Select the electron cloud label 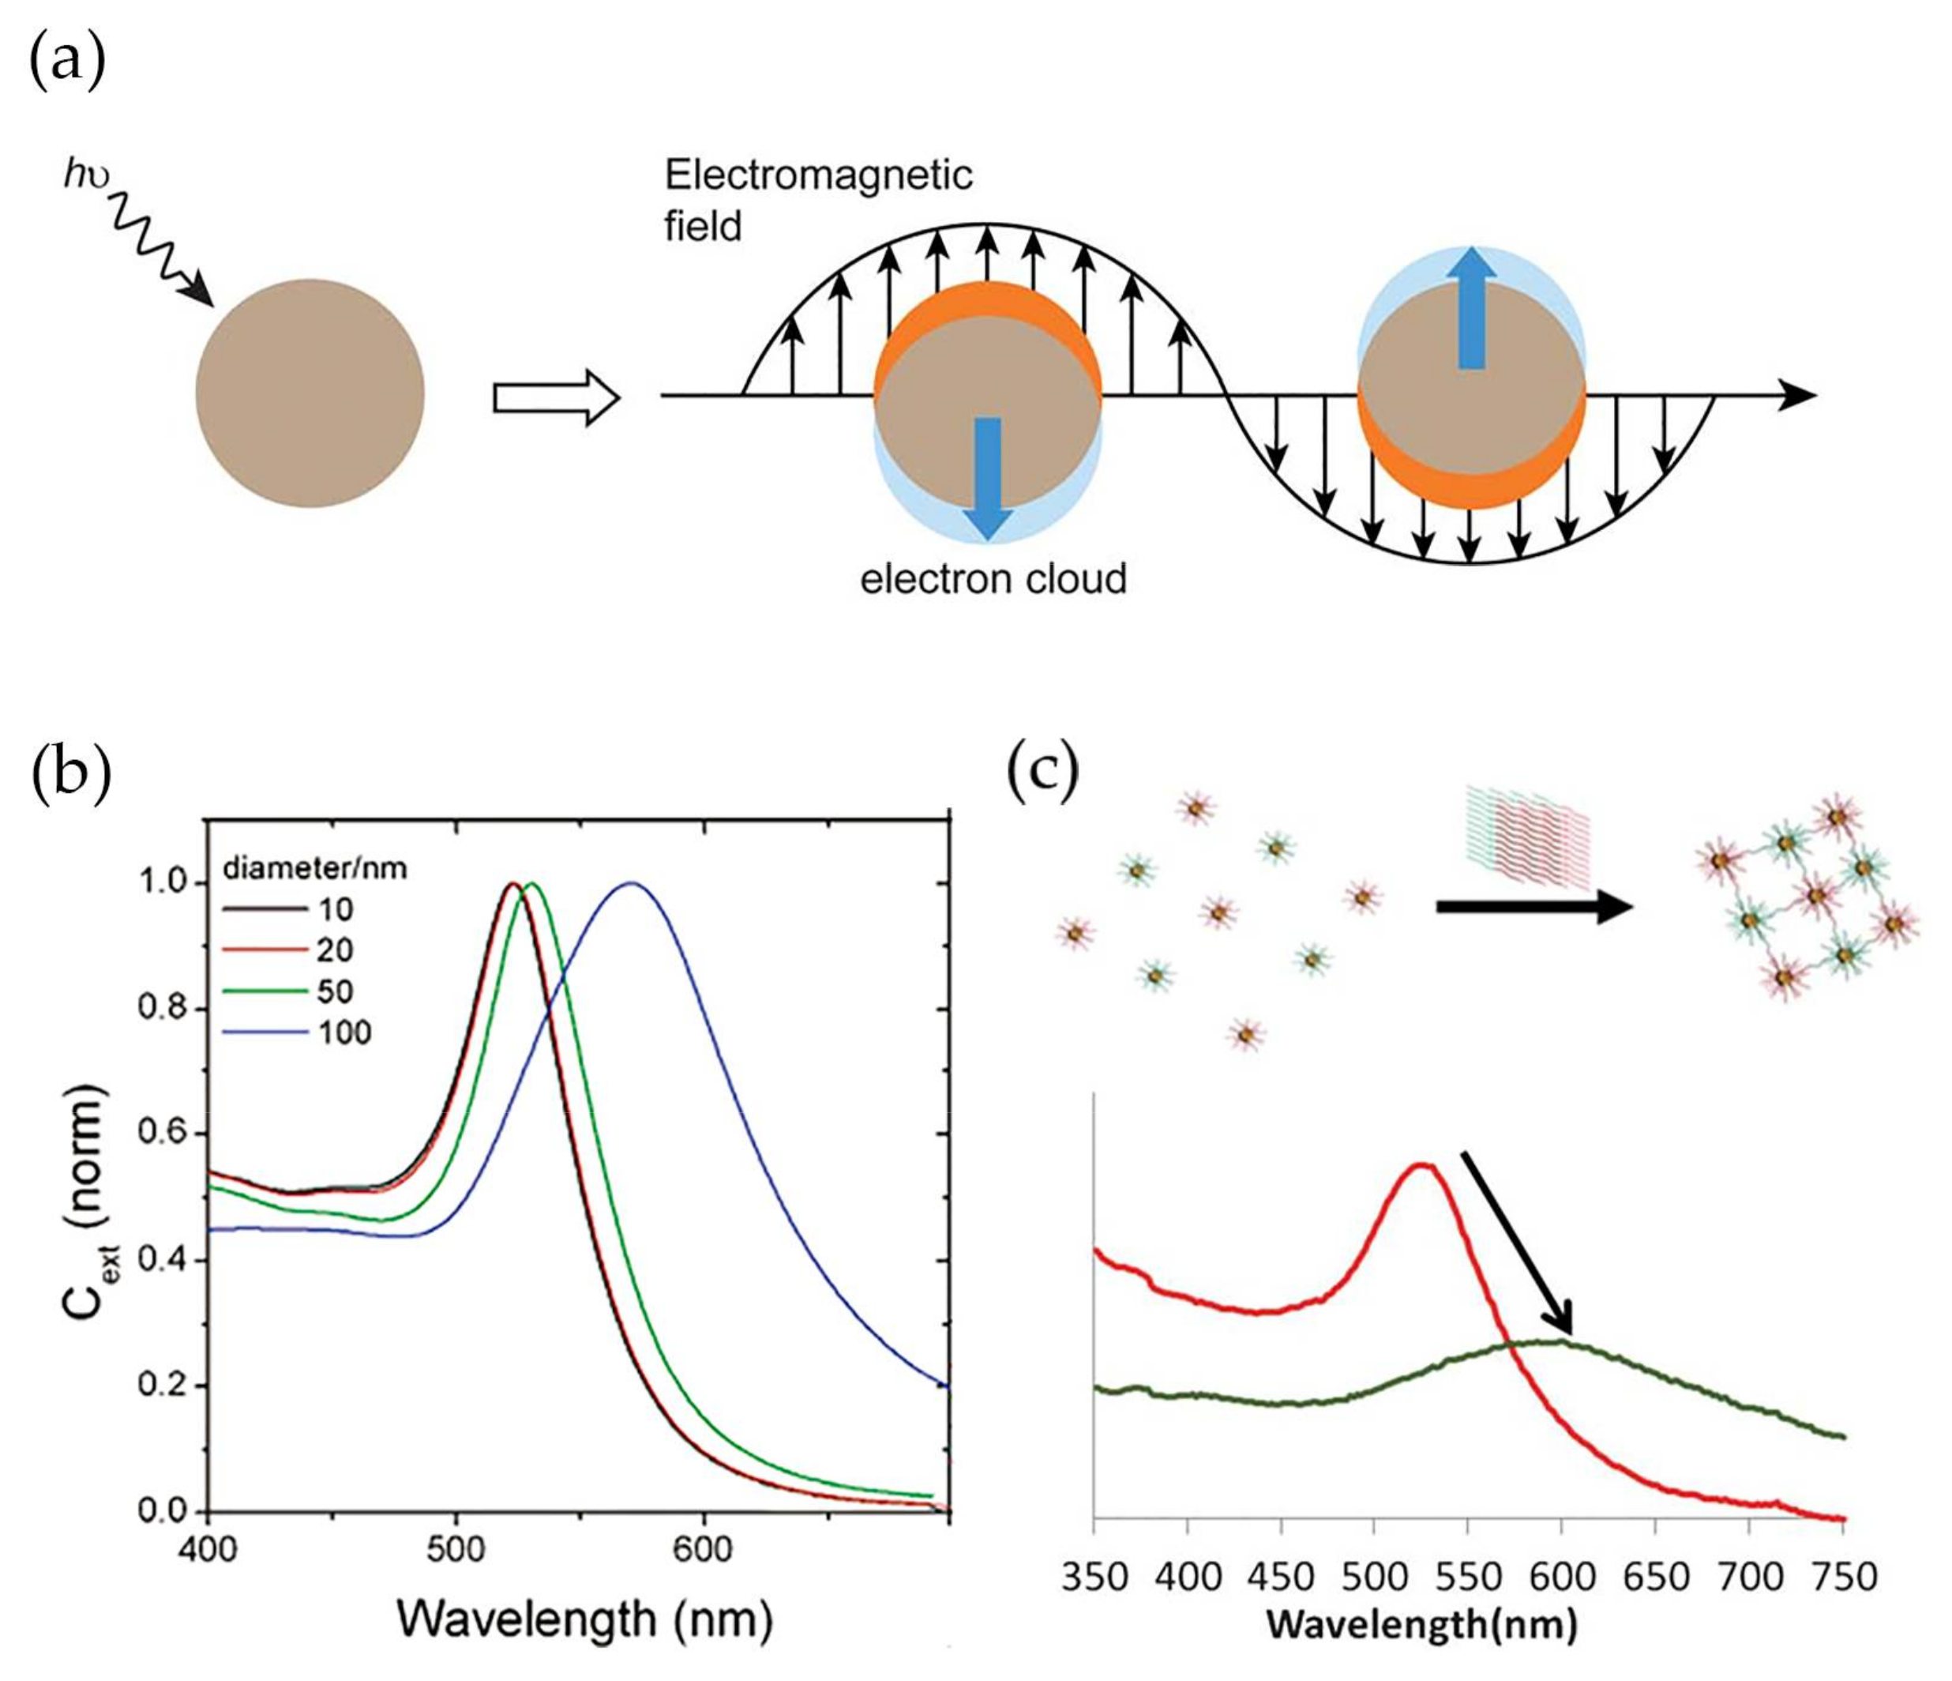[x=992, y=578]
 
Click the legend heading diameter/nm [x=314, y=868]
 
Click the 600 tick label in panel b [x=703, y=1548]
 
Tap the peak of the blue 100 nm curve [x=631, y=883]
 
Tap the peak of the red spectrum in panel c [x=1421, y=1166]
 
